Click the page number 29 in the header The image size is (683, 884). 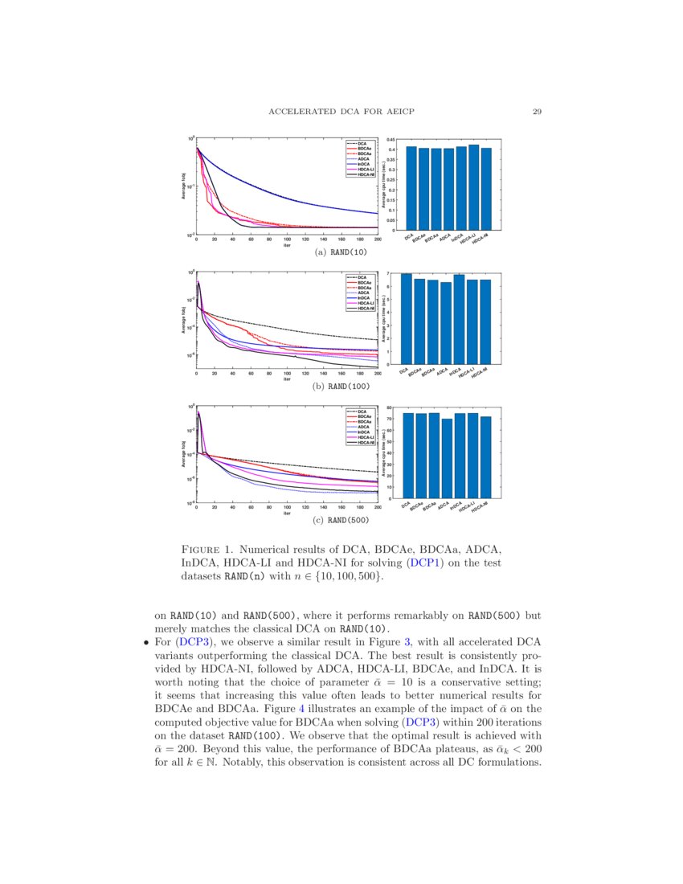click(536, 112)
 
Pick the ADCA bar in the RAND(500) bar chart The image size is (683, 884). click(448, 458)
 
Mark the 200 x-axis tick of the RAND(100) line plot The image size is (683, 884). click(378, 374)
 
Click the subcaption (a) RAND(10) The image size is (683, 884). click(342, 253)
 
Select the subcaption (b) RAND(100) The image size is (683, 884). click(342, 387)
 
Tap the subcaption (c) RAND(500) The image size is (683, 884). click(342, 521)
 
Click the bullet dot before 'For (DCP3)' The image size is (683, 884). click(145, 642)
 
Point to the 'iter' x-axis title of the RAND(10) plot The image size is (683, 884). click(287, 245)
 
